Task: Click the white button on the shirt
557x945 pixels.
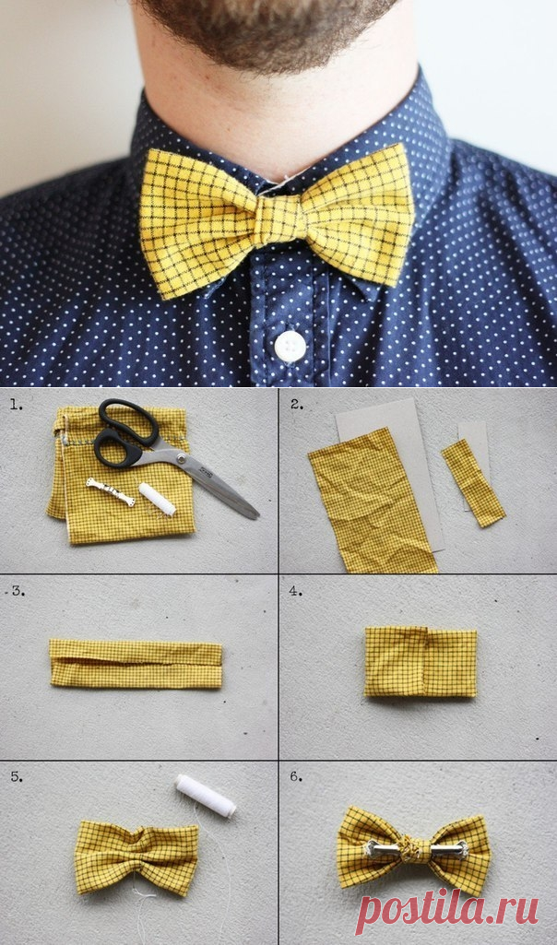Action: pyautogui.click(x=290, y=346)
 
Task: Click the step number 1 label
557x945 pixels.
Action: pyautogui.click(x=18, y=405)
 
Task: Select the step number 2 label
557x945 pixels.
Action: pyautogui.click(x=297, y=404)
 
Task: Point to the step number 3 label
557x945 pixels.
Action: pyautogui.click(x=18, y=591)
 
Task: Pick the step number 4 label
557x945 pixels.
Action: pyautogui.click(x=295, y=591)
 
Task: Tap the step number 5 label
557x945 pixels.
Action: pyautogui.click(x=18, y=777)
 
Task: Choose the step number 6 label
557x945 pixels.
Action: pyautogui.click(x=295, y=776)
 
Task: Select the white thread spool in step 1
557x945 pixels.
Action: pyautogui.click(x=158, y=499)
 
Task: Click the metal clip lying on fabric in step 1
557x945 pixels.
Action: pyautogui.click(x=111, y=491)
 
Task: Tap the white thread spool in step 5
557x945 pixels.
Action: pyautogui.click(x=206, y=796)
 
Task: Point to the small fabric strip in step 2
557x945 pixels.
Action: pyautogui.click(x=472, y=483)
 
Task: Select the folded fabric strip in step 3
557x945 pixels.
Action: pyautogui.click(x=136, y=664)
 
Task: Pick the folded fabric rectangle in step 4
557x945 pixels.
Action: pyautogui.click(x=421, y=661)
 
